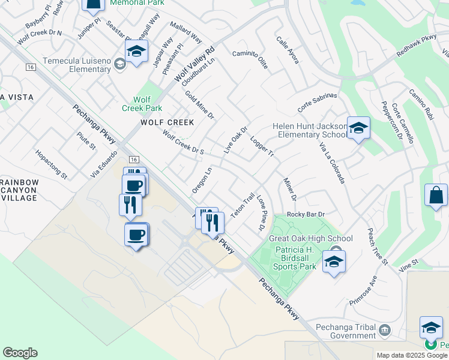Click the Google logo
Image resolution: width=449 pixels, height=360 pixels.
(20, 353)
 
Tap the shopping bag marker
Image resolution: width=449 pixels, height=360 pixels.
(436, 195)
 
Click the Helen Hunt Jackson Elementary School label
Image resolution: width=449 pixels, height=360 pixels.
(310, 130)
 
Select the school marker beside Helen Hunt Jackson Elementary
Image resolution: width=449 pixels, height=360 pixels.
(358, 128)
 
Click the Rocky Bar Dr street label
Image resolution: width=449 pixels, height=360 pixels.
(306, 214)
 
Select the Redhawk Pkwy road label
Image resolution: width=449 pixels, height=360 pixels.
(417, 47)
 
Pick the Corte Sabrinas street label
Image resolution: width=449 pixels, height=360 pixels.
(318, 103)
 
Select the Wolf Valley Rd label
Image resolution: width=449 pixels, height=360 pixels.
(194, 65)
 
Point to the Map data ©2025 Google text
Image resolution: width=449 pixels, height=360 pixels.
(412, 355)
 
